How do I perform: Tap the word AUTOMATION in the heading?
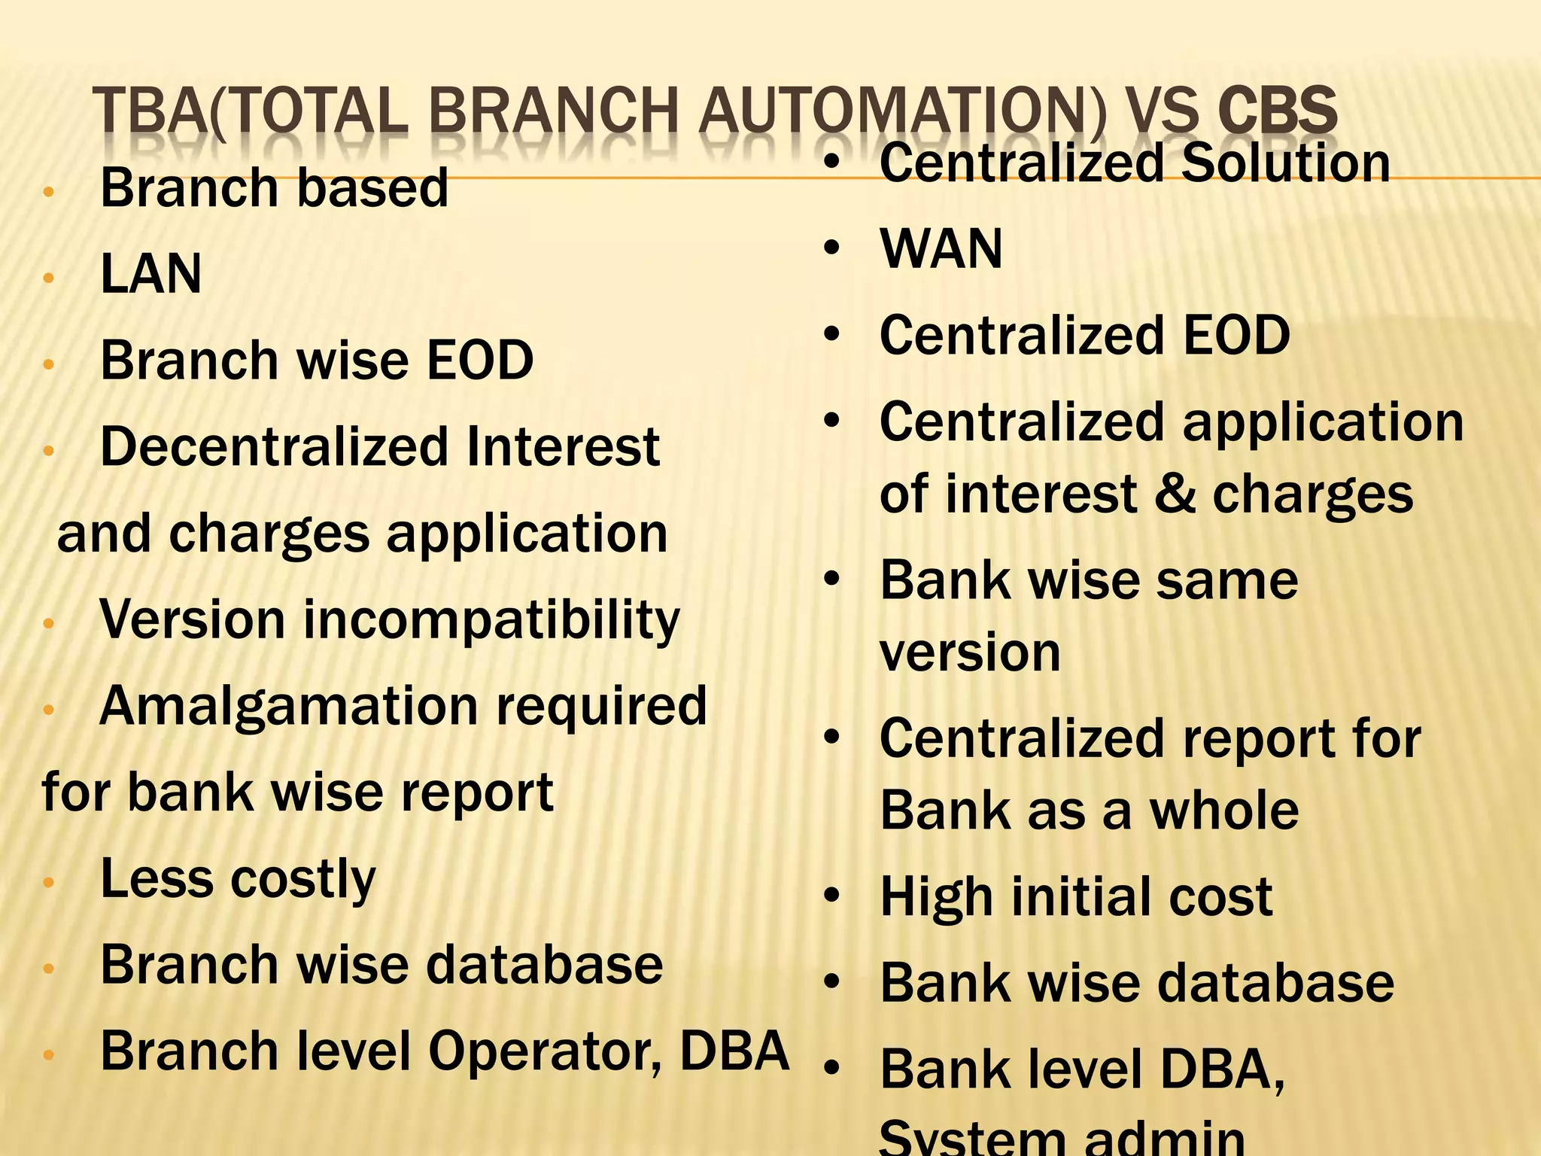pyautogui.click(x=902, y=111)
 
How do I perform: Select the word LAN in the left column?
pyautogui.click(x=150, y=274)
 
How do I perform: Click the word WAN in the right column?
pyautogui.click(x=941, y=249)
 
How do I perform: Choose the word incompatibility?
pyautogui.click(x=491, y=621)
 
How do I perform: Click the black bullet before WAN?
pyautogui.click(x=831, y=248)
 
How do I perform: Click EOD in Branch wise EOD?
pyautogui.click(x=480, y=360)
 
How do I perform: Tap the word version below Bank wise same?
pyautogui.click(x=970, y=653)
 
